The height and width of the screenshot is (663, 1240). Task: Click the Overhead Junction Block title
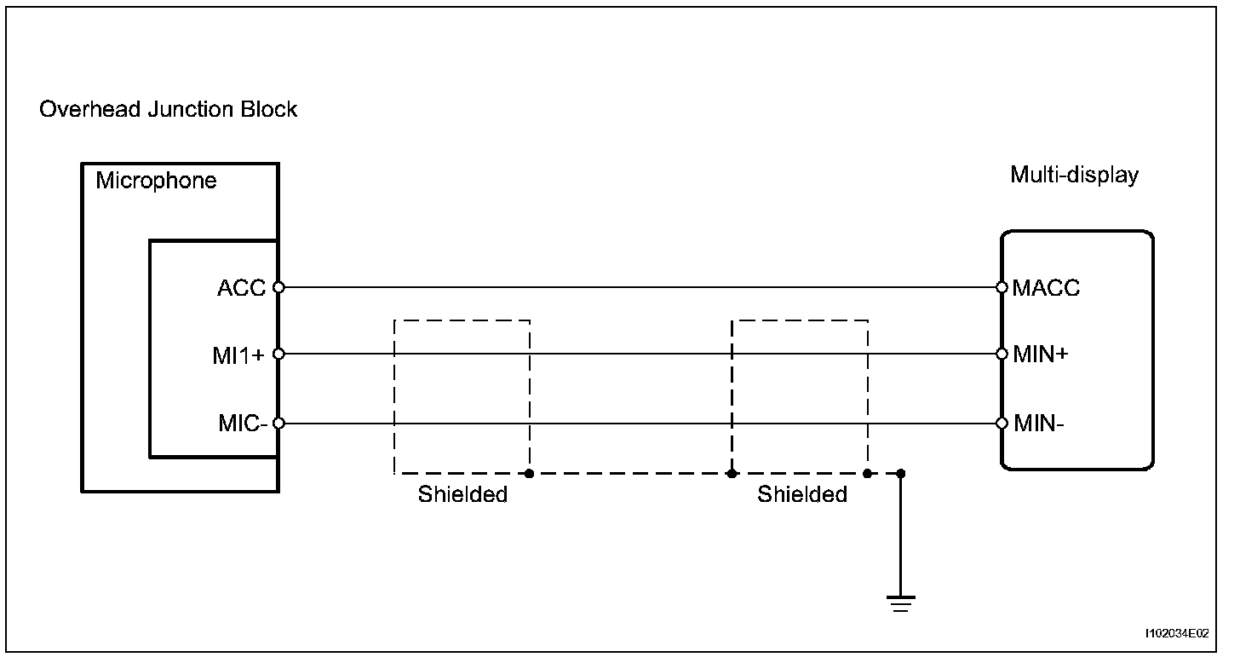(x=169, y=110)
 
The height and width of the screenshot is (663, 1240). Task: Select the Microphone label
(x=156, y=181)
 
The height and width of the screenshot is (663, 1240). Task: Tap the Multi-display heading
(x=1074, y=176)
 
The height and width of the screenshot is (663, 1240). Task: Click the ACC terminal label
(x=241, y=288)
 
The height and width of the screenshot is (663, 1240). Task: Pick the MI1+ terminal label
(x=238, y=355)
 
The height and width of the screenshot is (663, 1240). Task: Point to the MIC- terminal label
(x=244, y=424)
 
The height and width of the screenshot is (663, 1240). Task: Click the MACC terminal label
(x=1047, y=288)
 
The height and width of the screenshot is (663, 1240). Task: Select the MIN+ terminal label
(x=1041, y=355)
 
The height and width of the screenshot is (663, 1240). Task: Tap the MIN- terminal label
(x=1039, y=424)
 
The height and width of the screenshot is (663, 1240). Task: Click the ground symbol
(x=901, y=603)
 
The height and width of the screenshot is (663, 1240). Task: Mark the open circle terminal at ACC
(x=278, y=287)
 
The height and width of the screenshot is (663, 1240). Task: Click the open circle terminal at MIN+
(x=1002, y=354)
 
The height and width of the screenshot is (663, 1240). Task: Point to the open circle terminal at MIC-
(x=278, y=423)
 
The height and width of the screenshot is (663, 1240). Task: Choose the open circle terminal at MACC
(x=1002, y=287)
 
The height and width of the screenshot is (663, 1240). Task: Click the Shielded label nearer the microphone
(x=462, y=494)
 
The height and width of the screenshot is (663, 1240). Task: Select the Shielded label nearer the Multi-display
(x=802, y=494)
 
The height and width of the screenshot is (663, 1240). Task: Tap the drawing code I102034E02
(x=1177, y=634)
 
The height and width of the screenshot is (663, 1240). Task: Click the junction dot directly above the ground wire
(x=901, y=473)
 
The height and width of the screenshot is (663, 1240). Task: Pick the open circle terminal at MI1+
(x=278, y=354)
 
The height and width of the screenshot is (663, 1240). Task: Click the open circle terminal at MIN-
(x=1002, y=423)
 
